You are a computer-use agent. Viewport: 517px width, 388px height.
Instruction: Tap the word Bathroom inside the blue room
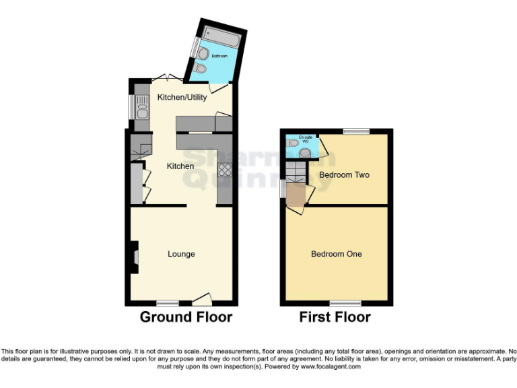click(219, 56)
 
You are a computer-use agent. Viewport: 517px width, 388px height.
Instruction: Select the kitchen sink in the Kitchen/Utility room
click(141, 106)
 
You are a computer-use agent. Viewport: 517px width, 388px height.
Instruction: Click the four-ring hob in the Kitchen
click(224, 170)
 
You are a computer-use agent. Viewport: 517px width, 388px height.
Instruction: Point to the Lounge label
click(181, 254)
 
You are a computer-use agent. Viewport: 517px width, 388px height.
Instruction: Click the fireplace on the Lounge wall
click(134, 257)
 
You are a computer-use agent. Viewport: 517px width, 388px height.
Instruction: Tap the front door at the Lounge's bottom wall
click(203, 298)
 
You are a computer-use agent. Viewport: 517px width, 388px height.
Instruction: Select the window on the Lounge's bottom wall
click(168, 302)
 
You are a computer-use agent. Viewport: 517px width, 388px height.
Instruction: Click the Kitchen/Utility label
click(182, 98)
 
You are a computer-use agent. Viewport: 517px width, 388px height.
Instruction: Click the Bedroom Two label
click(344, 174)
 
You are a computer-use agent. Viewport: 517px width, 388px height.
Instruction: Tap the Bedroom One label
click(336, 254)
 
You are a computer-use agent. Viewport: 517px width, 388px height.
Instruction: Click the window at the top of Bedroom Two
click(356, 131)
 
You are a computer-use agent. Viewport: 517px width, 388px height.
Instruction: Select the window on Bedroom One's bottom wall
click(345, 302)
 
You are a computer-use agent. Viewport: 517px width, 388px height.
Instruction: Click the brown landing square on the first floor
click(296, 195)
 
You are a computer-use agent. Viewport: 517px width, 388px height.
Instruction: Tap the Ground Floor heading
click(186, 317)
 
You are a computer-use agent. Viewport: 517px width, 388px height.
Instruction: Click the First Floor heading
click(335, 317)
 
